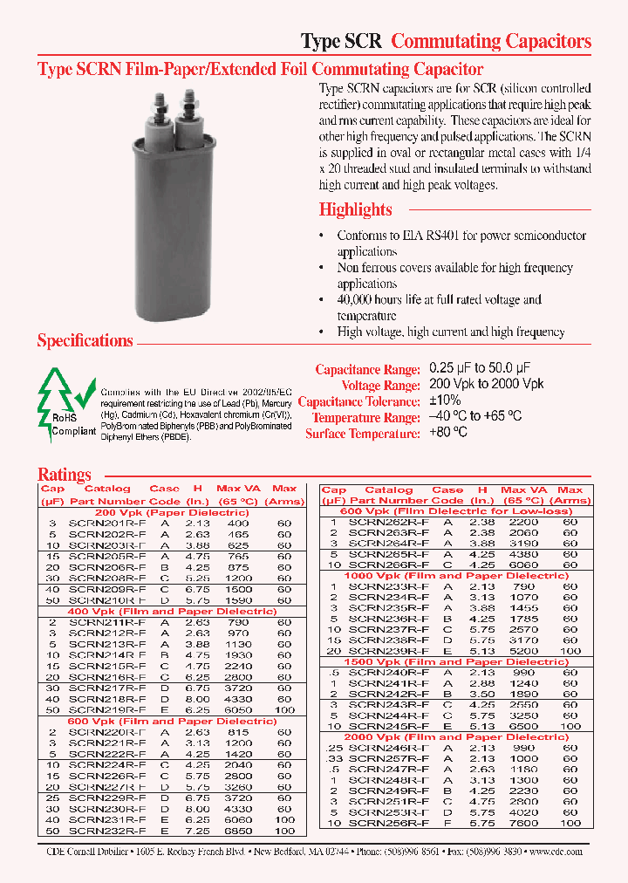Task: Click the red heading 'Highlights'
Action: click(x=355, y=209)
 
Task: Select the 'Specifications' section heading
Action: click(x=85, y=341)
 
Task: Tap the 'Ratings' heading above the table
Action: click(x=64, y=475)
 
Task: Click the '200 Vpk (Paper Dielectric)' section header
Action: click(x=172, y=512)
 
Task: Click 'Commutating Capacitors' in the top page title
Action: click(x=491, y=41)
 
